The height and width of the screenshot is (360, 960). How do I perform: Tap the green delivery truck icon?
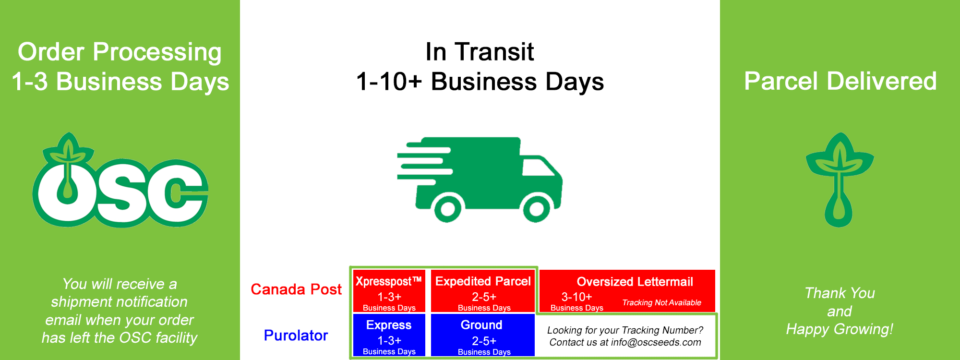point(480,180)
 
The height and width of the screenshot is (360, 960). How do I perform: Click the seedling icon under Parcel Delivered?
point(840,180)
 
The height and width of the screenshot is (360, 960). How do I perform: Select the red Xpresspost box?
point(389,291)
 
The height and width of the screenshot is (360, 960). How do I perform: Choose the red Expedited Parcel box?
point(483,291)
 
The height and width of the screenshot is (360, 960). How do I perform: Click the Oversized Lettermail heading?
point(635,282)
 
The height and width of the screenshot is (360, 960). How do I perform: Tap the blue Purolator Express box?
point(389,335)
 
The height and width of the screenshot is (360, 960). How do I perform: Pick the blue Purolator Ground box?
point(483,335)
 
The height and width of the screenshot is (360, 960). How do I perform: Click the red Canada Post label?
point(296,289)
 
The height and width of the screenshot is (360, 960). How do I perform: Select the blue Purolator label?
point(296,336)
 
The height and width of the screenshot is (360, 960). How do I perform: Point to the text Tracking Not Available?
point(661,303)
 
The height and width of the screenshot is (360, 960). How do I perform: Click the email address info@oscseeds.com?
point(656,342)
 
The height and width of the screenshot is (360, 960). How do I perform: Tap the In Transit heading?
point(480,52)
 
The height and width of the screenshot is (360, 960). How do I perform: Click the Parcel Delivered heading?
point(840,81)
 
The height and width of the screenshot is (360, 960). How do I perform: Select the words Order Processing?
point(120,52)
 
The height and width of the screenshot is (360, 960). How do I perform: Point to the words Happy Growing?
point(840,329)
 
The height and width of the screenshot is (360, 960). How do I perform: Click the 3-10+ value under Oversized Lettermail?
point(576,297)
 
